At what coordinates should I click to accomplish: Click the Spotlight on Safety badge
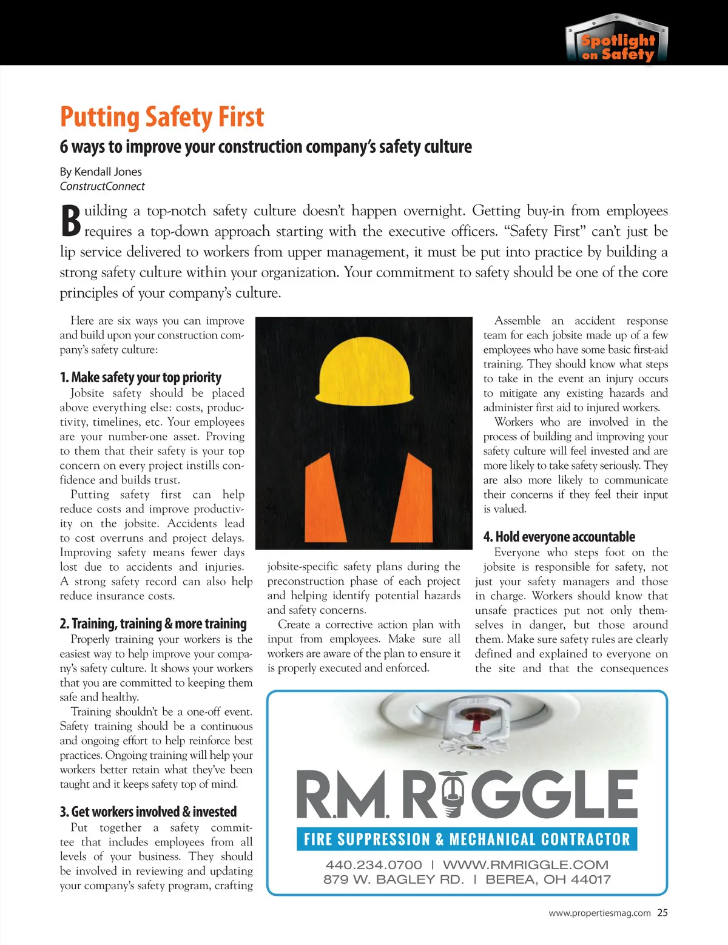click(x=617, y=41)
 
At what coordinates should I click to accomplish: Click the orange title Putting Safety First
click(x=162, y=117)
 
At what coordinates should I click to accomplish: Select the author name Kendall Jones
click(x=108, y=172)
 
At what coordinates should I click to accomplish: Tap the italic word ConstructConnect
click(x=102, y=186)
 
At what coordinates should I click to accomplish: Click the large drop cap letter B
click(x=70, y=221)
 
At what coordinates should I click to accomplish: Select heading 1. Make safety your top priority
click(x=140, y=377)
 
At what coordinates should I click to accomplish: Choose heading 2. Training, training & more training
click(x=153, y=624)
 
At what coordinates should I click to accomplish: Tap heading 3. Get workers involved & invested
click(x=148, y=812)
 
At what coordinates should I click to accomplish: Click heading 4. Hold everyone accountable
click(x=559, y=537)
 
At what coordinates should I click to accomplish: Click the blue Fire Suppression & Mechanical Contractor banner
click(x=467, y=839)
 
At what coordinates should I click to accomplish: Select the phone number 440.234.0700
click(x=374, y=864)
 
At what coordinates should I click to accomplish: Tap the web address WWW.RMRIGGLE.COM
click(x=525, y=864)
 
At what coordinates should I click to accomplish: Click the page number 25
click(x=662, y=913)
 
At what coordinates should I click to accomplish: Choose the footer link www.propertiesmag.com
click(x=599, y=913)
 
